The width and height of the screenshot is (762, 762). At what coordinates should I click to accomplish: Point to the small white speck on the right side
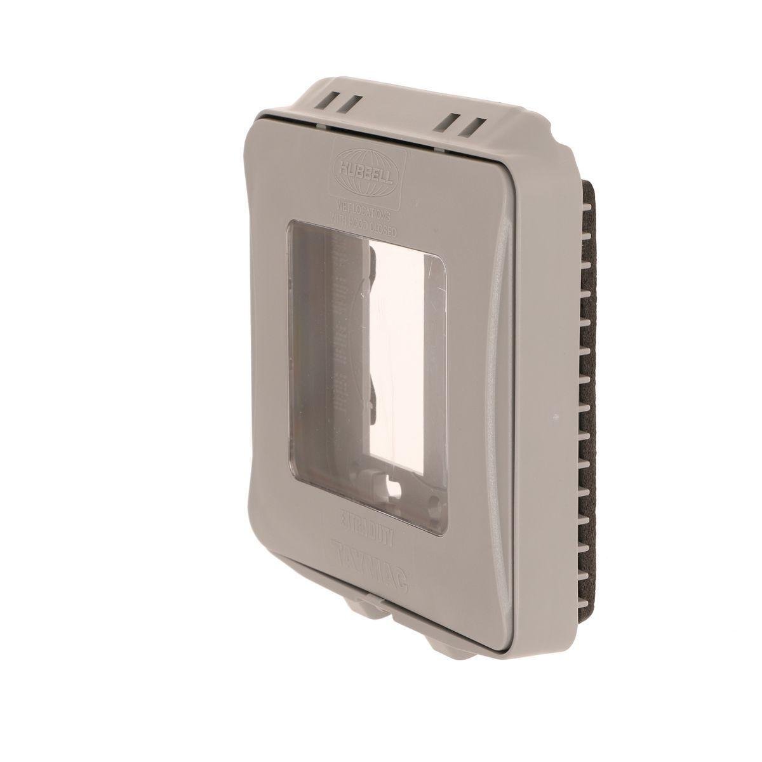(556, 415)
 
